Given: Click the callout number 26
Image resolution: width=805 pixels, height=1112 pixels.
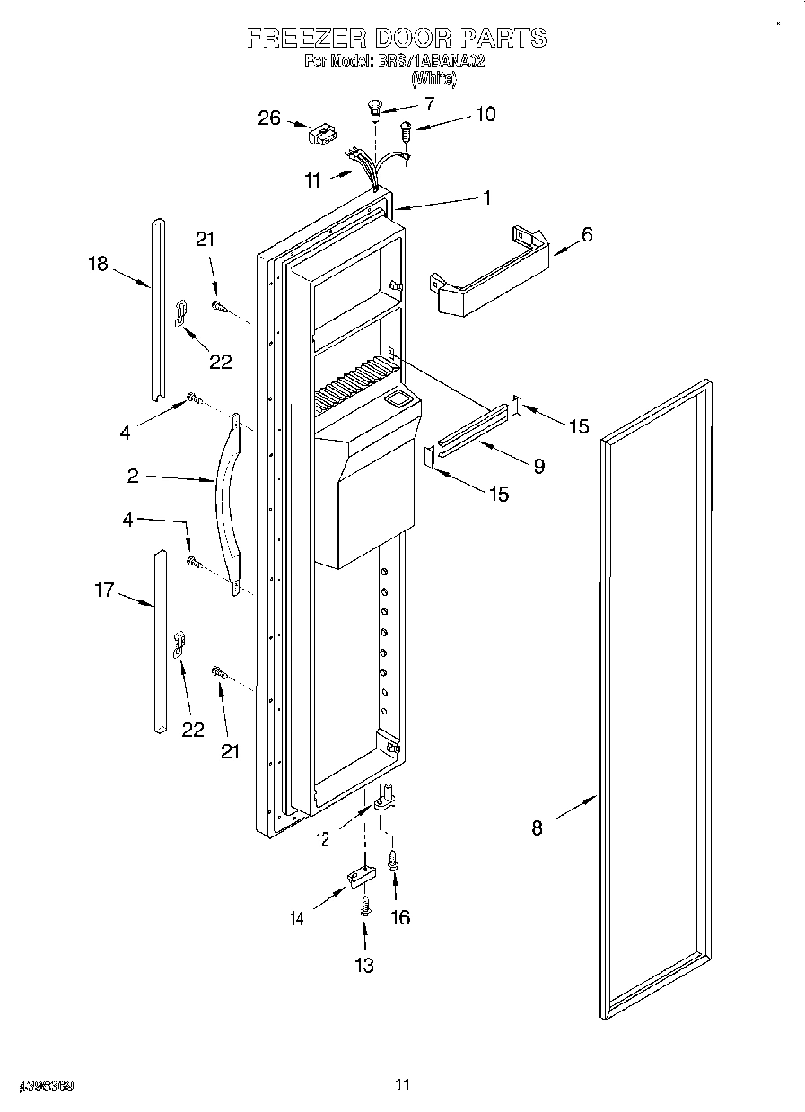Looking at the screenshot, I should coord(269,118).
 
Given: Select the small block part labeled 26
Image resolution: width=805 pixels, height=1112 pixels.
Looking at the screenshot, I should coord(319,135).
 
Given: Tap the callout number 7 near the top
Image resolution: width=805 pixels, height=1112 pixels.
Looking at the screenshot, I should coord(428,104).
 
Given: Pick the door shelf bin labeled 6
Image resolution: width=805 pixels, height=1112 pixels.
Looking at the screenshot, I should coord(489,274).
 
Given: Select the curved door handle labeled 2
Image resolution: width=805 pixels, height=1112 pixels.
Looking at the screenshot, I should coord(230,503).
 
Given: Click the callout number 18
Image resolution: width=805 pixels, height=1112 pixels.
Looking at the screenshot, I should coord(98,263).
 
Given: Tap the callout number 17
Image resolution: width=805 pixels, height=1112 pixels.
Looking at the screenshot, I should coord(105,590).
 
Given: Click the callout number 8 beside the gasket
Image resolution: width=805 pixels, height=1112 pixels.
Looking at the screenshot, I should coord(537,828).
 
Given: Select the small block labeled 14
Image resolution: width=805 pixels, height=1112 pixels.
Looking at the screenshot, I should coord(361,876).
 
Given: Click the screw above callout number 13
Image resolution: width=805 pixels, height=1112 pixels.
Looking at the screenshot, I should coord(364,906).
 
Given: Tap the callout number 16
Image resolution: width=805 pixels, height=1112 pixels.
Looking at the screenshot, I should coord(400,917).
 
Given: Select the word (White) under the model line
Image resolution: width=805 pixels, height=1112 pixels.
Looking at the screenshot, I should coord(433,79).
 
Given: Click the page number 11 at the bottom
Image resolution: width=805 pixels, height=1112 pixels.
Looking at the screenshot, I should coord(402,1085).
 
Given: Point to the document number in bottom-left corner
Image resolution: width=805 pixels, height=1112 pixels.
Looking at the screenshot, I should coord(46,1086).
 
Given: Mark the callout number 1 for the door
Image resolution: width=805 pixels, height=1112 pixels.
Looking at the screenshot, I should coord(486,198).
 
